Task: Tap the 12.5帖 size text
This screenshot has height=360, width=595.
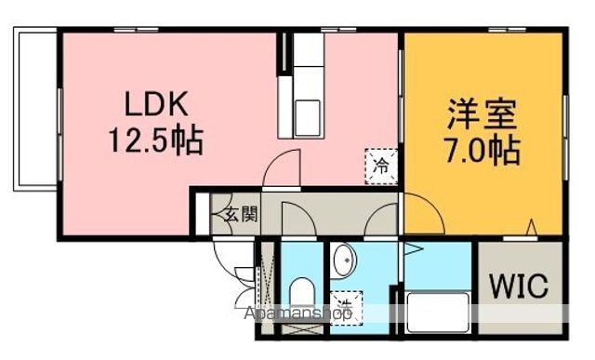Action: tap(153, 142)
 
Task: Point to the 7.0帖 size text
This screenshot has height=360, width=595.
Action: tap(481, 149)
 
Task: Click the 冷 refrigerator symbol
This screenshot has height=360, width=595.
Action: tap(380, 167)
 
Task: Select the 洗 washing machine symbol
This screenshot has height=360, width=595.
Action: tap(346, 304)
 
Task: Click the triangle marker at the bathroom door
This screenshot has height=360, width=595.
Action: tap(411, 249)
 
